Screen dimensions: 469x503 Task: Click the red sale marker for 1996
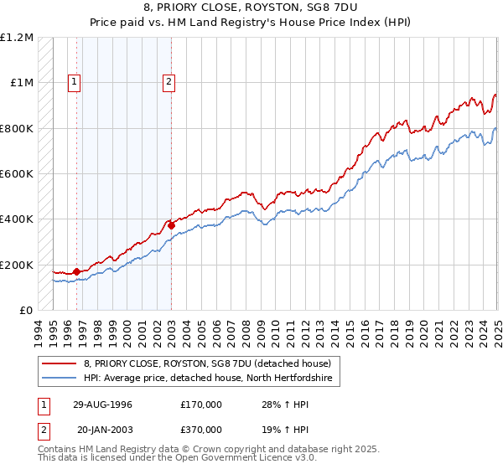click(76, 271)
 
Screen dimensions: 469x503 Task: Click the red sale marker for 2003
click(171, 224)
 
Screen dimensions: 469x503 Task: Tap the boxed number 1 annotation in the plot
click(75, 82)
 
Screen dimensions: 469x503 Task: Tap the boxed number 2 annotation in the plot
click(169, 82)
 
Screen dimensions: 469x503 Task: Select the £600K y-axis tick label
click(16, 174)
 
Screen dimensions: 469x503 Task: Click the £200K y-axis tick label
click(16, 265)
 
